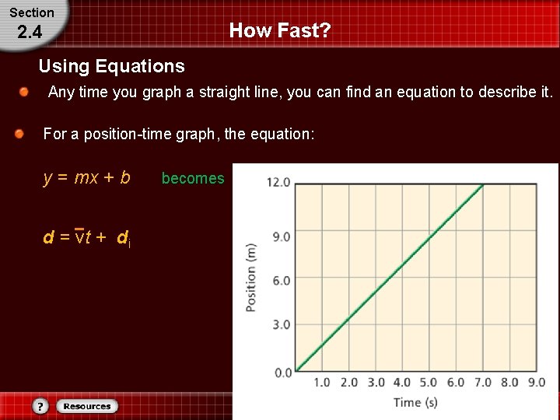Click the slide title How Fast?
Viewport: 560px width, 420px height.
tap(280, 31)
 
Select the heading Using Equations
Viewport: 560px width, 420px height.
tap(111, 66)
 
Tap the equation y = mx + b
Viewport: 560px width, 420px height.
tap(86, 177)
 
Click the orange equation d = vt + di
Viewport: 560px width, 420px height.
tap(86, 238)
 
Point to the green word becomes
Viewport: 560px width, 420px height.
tap(192, 178)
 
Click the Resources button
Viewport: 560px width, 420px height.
tap(87, 406)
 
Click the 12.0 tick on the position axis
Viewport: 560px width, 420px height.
tap(278, 183)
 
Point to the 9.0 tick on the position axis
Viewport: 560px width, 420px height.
tap(281, 236)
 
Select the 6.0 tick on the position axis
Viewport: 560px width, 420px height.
tap(281, 281)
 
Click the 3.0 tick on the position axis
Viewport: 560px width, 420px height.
tap(281, 325)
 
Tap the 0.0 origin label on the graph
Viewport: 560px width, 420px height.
tap(283, 373)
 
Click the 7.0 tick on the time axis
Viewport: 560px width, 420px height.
tap(483, 383)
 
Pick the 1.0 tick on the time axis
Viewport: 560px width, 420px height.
tap(321, 383)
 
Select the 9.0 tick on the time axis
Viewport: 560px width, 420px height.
tap(536, 383)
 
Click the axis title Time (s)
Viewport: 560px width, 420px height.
tap(415, 402)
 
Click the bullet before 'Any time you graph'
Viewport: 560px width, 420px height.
tap(25, 93)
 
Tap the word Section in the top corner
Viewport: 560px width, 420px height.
tap(31, 12)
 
